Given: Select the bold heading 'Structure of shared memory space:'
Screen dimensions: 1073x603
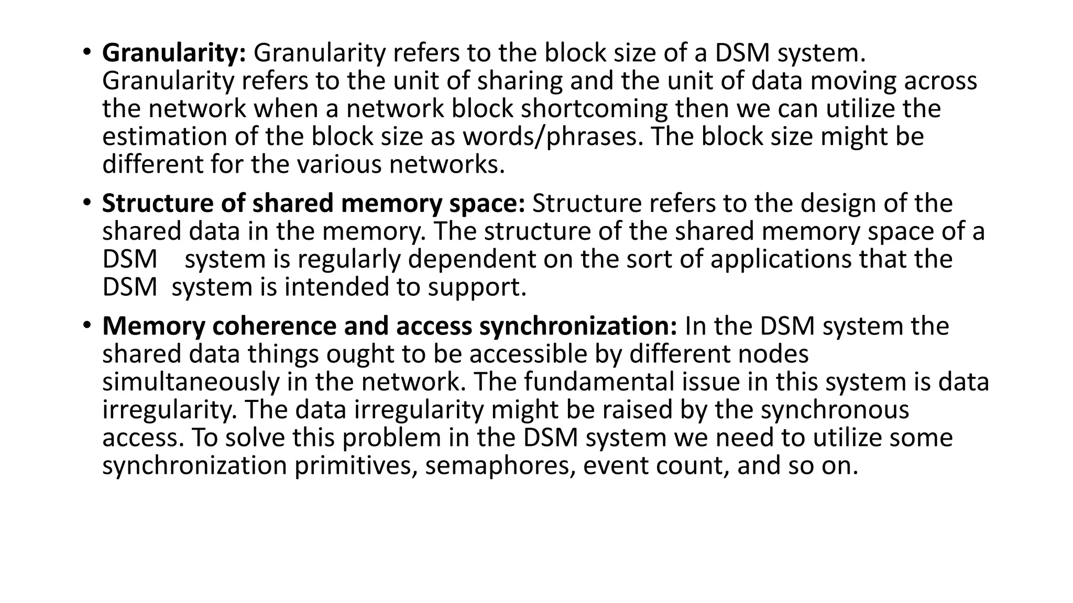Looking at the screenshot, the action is pyautogui.click(x=313, y=204).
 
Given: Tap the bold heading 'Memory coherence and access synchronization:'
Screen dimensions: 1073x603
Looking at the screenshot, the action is pyautogui.click(x=389, y=326).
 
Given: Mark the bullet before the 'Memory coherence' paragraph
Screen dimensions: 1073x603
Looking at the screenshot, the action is pyautogui.click(x=86, y=326).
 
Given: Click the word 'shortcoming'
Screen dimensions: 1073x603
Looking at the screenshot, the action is pyautogui.click(x=594, y=109).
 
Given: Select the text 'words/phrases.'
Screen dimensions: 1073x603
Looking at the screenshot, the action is pyautogui.click(x=552, y=137).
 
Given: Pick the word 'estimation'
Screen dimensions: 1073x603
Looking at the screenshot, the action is pyautogui.click(x=164, y=137).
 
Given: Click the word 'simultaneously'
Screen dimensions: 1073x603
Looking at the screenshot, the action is pyautogui.click(x=191, y=382).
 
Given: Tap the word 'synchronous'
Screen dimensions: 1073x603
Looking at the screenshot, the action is pyautogui.click(x=835, y=410).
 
